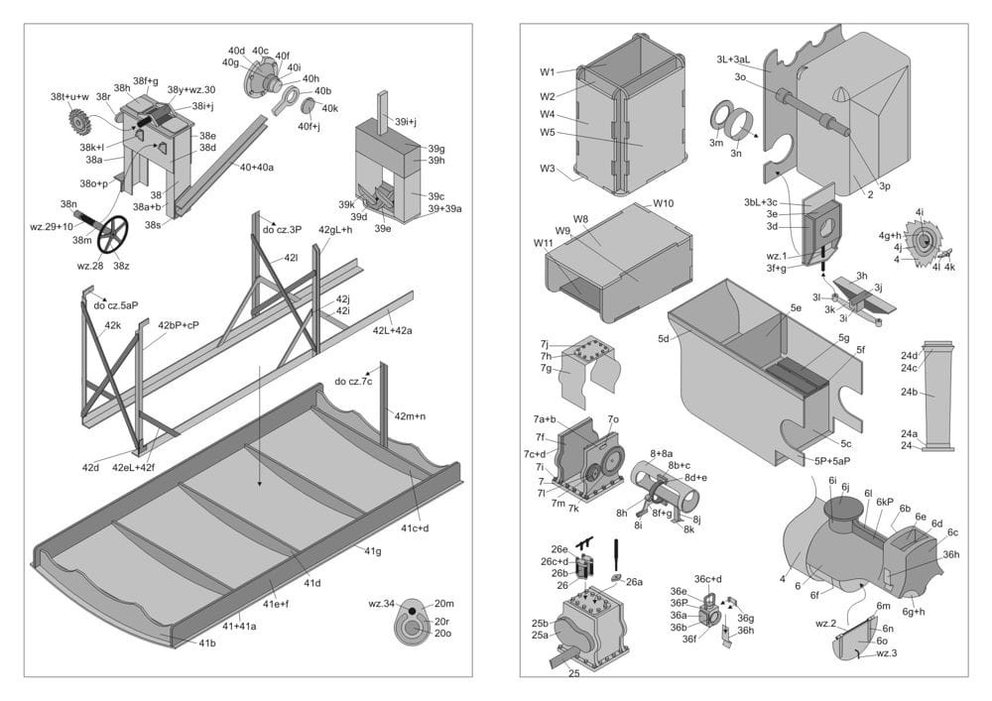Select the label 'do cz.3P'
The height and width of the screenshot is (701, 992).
pyautogui.click(x=282, y=230)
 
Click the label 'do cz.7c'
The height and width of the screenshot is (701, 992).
pyautogui.click(x=353, y=382)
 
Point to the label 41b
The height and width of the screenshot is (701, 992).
pyautogui.click(x=207, y=643)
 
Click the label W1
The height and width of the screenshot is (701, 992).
pyautogui.click(x=548, y=72)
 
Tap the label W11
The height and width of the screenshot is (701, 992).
pyautogui.click(x=544, y=243)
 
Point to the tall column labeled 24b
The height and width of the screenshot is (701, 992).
pyautogui.click(x=937, y=395)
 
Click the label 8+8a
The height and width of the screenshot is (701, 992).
pyautogui.click(x=661, y=453)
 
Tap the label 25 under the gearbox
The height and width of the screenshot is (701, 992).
pyautogui.click(x=574, y=673)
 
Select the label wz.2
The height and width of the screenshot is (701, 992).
pyautogui.click(x=826, y=624)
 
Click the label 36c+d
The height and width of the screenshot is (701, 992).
pyautogui.click(x=708, y=579)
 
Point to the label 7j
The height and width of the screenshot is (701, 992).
pyautogui.click(x=546, y=344)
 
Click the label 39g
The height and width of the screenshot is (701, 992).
pyautogui.click(x=435, y=149)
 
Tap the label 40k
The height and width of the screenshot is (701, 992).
pyautogui.click(x=329, y=108)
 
